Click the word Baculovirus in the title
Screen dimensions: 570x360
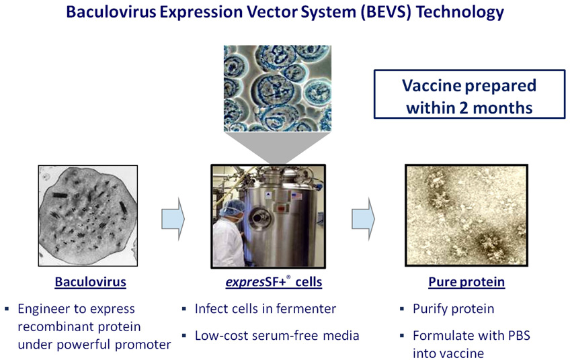(x=111, y=12)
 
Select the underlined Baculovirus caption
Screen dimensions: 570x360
(x=91, y=282)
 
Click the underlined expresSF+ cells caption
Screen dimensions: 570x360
(x=274, y=282)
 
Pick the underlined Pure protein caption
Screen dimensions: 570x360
(x=466, y=282)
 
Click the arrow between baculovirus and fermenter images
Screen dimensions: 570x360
(x=173, y=219)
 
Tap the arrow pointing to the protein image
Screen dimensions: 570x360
(x=363, y=219)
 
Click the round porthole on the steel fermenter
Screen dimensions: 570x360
(x=259, y=218)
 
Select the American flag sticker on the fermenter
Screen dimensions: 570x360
(x=296, y=197)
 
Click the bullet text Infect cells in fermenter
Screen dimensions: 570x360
(x=266, y=309)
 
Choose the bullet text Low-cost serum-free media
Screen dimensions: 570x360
(x=277, y=336)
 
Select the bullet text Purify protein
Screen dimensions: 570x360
(x=453, y=309)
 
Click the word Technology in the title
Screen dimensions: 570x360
(x=460, y=13)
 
